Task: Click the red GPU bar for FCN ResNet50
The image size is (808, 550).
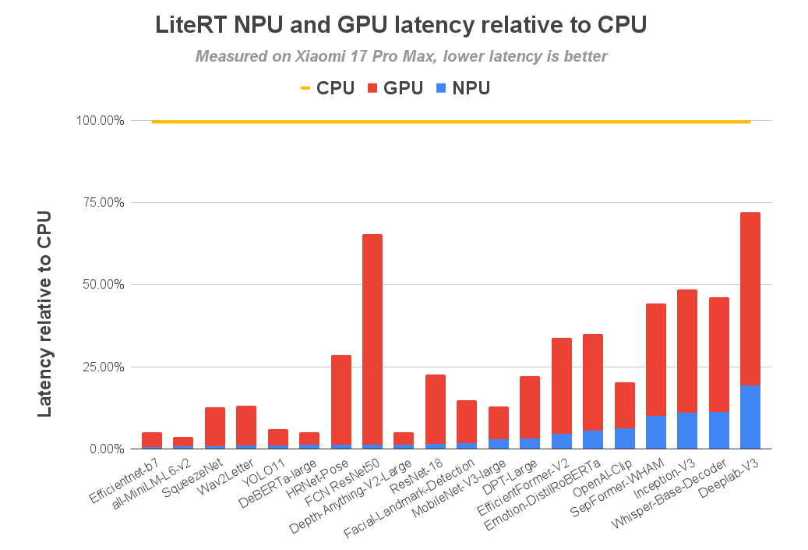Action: tap(372, 339)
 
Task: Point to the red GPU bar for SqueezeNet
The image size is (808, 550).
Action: tap(215, 426)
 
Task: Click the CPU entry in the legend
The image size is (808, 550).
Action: tap(327, 88)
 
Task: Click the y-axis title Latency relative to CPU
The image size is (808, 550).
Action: tap(45, 312)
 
